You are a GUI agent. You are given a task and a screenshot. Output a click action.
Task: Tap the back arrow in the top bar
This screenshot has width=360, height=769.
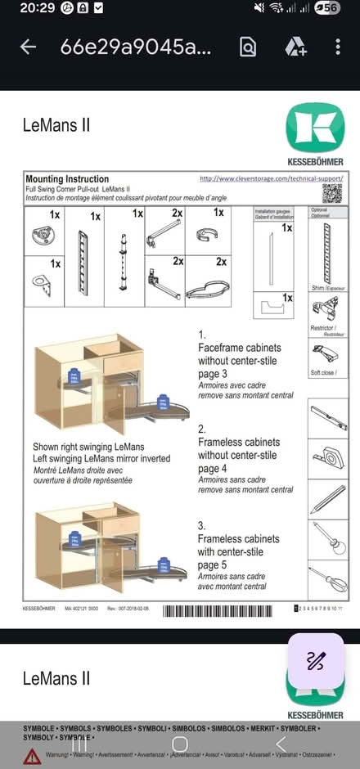29,47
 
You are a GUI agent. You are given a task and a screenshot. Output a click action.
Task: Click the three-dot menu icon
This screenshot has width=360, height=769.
338,47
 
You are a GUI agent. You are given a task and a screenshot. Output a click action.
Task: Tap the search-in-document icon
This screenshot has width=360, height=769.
248,47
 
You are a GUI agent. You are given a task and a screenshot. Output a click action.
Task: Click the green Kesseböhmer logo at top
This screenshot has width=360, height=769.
314,127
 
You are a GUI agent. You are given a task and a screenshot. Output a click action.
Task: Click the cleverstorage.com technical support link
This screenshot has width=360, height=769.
271,178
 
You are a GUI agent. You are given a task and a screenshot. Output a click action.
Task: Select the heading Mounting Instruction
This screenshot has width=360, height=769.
67,178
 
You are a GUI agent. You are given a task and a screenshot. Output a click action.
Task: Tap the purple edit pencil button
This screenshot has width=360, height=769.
315,661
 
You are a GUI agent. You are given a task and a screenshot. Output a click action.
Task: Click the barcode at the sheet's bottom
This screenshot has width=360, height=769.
224,609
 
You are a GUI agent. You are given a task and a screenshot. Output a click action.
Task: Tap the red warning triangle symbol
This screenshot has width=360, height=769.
32,754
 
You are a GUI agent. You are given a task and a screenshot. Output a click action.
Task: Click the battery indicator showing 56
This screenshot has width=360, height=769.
328,8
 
